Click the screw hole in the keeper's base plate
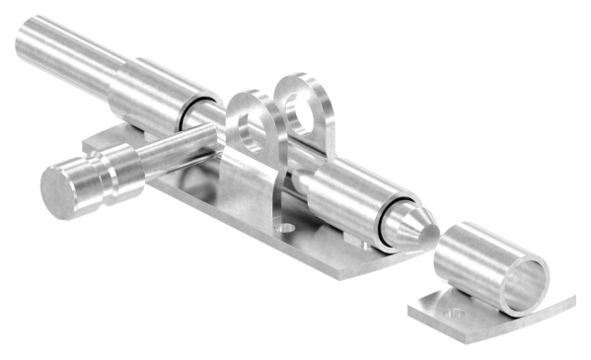pos(456,313)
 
